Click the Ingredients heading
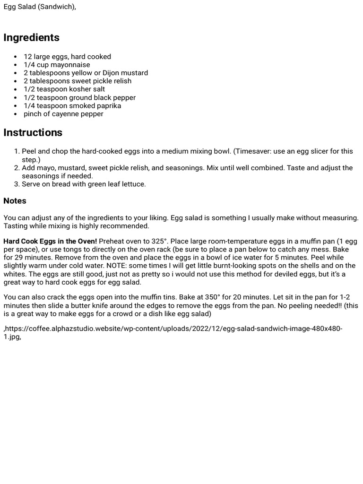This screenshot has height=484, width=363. pyautogui.click(x=32, y=38)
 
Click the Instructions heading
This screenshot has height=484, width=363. pyautogui.click(x=33, y=133)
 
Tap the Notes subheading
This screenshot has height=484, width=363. pyautogui.click(x=15, y=201)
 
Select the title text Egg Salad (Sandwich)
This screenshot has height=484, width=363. pyautogui.click(x=40, y=7)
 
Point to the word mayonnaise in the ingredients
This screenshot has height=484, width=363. pyautogui.click(x=70, y=65)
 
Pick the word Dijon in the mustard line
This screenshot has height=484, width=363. pyautogui.click(x=112, y=73)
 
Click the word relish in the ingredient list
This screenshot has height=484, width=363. pyautogui.click(x=121, y=81)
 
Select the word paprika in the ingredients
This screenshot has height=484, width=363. pyautogui.click(x=107, y=106)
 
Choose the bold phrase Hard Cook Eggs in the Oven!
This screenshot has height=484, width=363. pyautogui.click(x=50, y=242)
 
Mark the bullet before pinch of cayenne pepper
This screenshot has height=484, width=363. pyautogui.click(x=16, y=114)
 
